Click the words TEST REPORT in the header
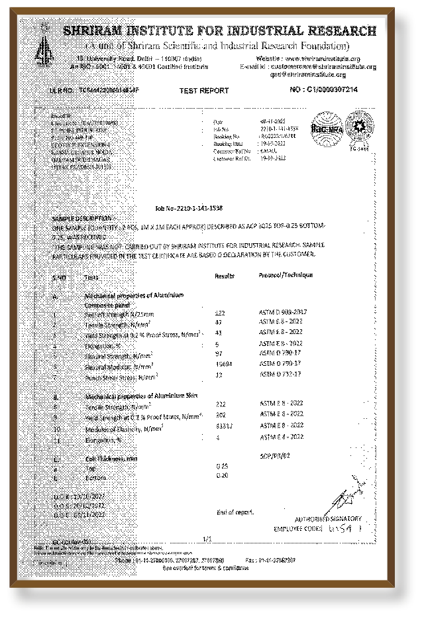click(204, 91)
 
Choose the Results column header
click(226, 275)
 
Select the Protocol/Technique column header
click(286, 274)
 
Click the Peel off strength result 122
click(221, 311)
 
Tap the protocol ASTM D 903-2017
click(285, 310)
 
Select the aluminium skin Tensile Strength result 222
click(221, 404)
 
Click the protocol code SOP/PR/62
click(277, 457)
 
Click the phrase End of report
click(235, 512)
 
